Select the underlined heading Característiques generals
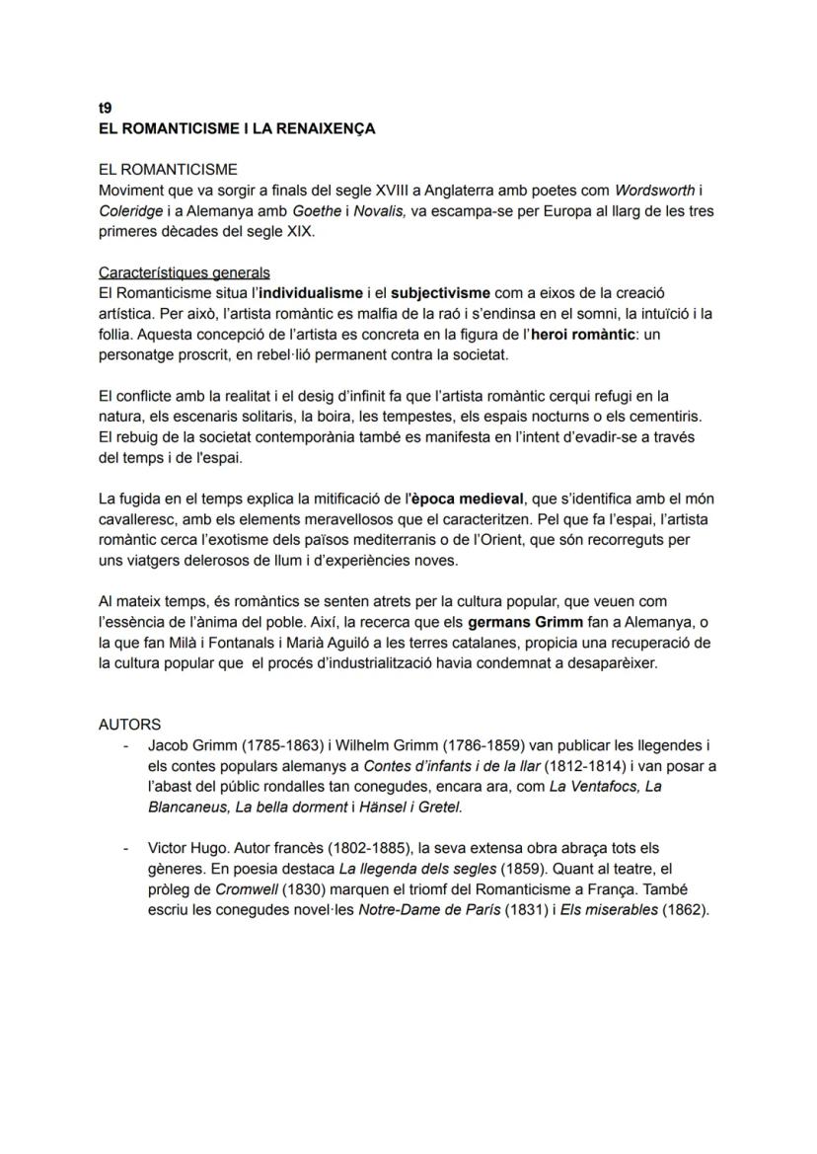(185, 272)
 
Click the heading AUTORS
(130, 725)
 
